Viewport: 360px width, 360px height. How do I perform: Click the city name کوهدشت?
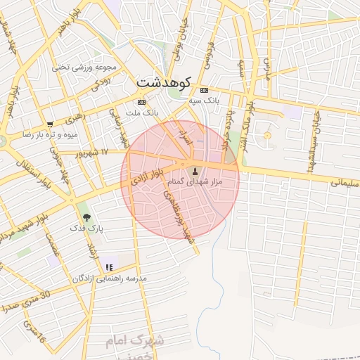point(163,82)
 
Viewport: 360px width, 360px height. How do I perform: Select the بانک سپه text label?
point(204,101)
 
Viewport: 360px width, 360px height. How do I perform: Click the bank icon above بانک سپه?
point(204,91)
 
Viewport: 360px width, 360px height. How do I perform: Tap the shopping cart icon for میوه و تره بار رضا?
point(49,124)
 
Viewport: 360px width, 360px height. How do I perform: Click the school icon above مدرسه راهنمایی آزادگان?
point(108,267)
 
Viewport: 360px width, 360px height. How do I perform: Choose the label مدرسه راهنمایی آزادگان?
point(109,278)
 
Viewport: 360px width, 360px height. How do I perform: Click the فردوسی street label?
point(210,53)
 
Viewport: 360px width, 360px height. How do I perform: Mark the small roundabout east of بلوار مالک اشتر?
point(267,134)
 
